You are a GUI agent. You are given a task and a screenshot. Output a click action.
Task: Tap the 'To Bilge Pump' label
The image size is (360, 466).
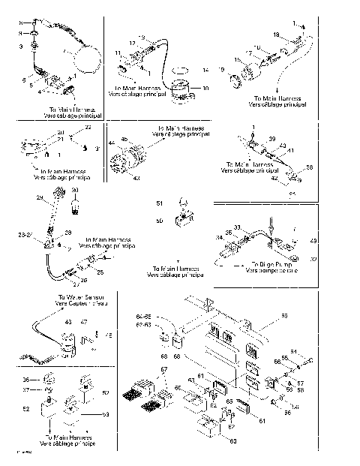click(273, 264)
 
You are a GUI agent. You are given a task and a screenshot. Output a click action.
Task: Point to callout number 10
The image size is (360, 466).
click(208, 88)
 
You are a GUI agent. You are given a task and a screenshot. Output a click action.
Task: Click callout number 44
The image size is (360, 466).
click(111, 142)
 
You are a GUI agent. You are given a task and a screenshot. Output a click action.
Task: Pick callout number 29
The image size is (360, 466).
click(40, 197)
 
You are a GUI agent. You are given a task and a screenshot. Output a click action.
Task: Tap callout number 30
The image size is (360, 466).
click(73, 191)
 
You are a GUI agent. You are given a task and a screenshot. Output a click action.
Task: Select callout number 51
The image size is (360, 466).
click(159, 203)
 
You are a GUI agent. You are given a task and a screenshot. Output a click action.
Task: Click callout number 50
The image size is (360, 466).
click(159, 221)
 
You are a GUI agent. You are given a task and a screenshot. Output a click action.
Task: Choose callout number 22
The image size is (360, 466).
click(88, 128)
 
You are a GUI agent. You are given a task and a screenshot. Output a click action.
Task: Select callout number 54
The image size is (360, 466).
click(314, 352)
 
